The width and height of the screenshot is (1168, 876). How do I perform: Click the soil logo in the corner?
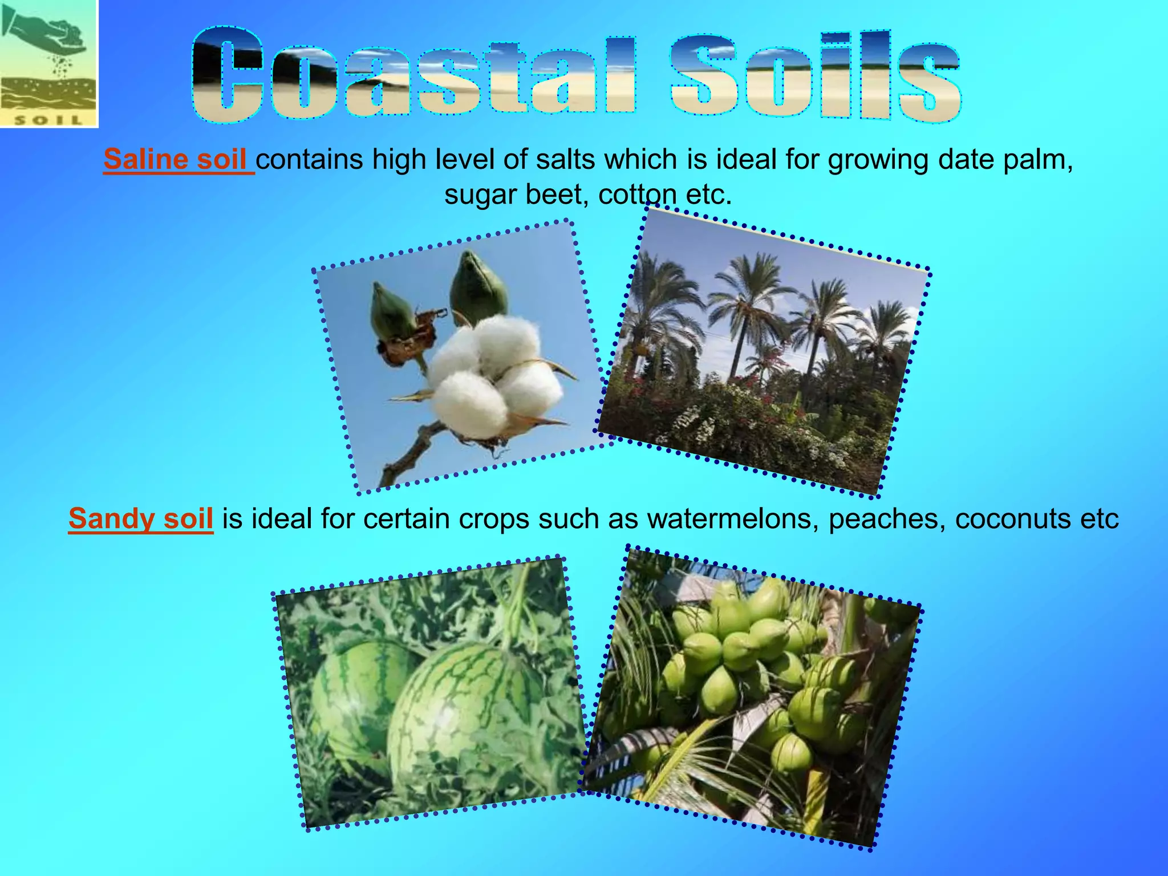click(49, 63)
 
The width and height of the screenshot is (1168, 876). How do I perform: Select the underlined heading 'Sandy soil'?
click(141, 519)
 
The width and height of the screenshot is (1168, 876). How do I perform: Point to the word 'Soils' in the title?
click(816, 76)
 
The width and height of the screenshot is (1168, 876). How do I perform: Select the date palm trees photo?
click(764, 354)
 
